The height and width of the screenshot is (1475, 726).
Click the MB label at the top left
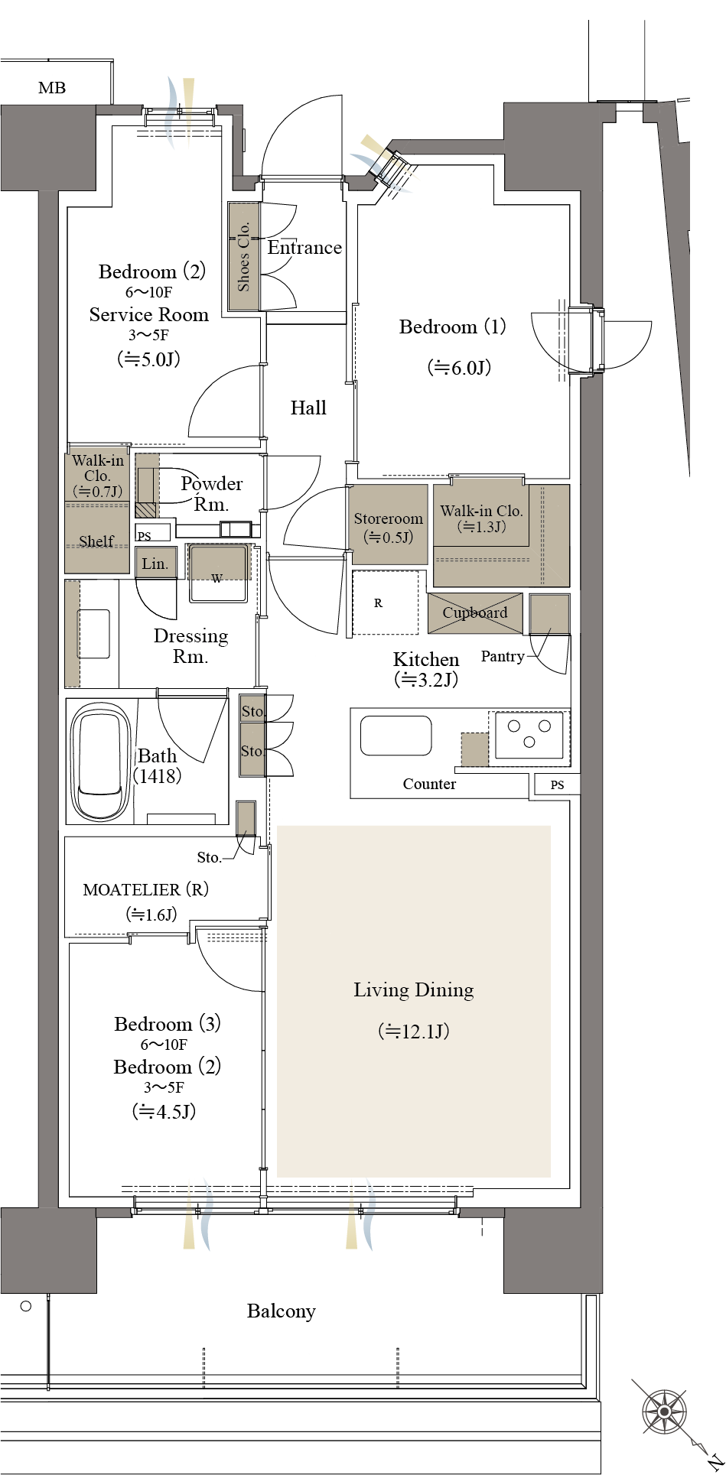pyautogui.click(x=52, y=88)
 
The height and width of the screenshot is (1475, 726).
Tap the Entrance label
pyautogui.click(x=304, y=248)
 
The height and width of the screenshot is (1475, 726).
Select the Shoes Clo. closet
pyautogui.click(x=244, y=256)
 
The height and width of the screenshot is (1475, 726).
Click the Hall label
pyautogui.click(x=308, y=408)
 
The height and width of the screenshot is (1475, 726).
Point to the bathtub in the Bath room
pyautogui.click(x=100, y=762)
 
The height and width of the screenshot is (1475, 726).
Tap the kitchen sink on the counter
pyautogui.click(x=396, y=736)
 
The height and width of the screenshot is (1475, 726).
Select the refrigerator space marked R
pyautogui.click(x=385, y=603)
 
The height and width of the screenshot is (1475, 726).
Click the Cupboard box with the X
pyautogui.click(x=475, y=613)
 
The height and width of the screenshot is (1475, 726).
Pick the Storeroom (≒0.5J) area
pyautogui.click(x=389, y=525)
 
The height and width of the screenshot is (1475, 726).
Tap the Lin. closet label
pyautogui.click(x=155, y=564)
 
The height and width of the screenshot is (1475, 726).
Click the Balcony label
pyautogui.click(x=282, y=1311)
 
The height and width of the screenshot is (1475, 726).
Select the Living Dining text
pyautogui.click(x=414, y=990)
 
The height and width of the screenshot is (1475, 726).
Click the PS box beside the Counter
pyautogui.click(x=557, y=785)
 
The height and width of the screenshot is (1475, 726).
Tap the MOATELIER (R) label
pyautogui.click(x=145, y=889)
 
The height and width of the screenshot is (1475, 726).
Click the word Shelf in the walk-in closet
pyautogui.click(x=96, y=541)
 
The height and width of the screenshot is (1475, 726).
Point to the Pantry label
pyautogui.click(x=503, y=656)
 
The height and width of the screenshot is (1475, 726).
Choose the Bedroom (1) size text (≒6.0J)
pyautogui.click(x=459, y=368)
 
